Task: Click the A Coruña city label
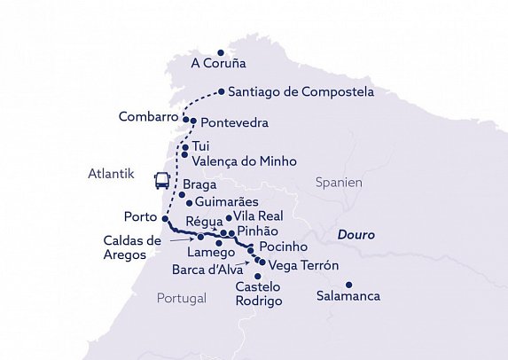218,65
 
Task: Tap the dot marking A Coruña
220,51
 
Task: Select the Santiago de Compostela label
301,92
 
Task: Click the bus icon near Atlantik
162,181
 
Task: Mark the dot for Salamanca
348,285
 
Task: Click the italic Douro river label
356,236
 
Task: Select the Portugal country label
181,298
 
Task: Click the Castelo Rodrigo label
259,294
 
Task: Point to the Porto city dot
165,217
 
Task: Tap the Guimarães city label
226,203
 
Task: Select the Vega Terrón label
303,265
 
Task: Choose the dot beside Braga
182,194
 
